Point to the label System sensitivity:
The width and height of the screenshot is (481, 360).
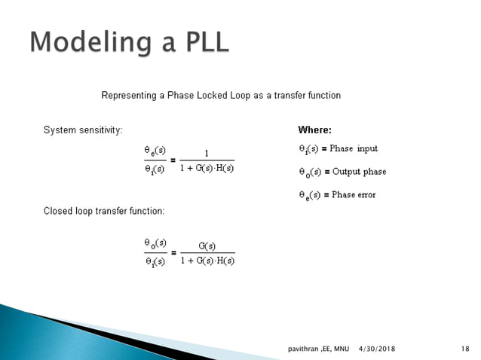coord(82,130)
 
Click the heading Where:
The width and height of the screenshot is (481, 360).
coord(314,130)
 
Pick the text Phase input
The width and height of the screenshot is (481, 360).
coord(354,149)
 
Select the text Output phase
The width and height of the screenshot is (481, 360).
coord(359,172)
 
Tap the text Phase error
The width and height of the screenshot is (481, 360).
coord(354,195)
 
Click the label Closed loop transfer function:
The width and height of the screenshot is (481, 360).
coord(103,211)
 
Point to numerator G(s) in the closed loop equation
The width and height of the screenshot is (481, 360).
coord(207,246)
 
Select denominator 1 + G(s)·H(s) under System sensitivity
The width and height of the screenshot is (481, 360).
coord(207,167)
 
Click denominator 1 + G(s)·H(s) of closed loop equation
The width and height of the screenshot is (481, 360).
coord(207,261)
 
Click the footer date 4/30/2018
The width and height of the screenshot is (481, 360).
coord(377,349)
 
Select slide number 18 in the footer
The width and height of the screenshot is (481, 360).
coord(465,349)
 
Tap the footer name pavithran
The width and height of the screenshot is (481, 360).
coord(305,349)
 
